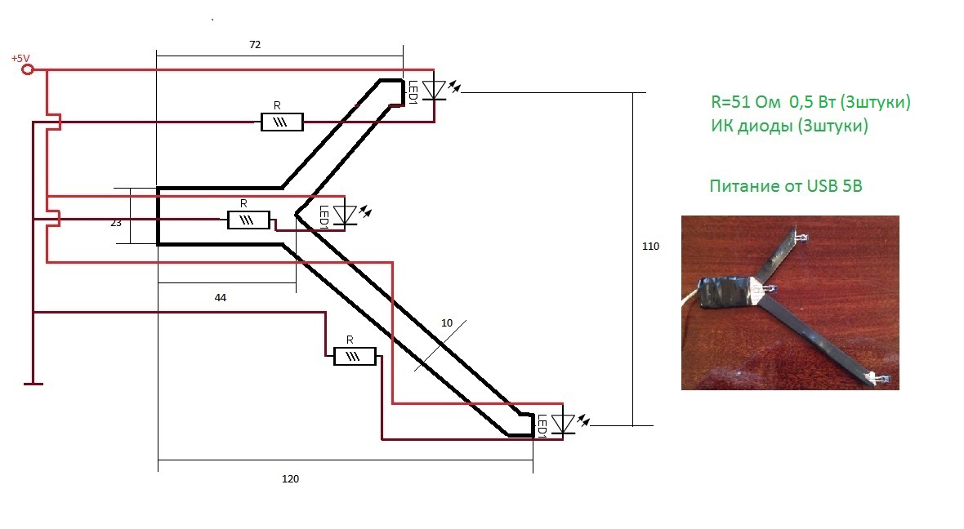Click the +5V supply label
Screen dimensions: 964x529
[x=20, y=58]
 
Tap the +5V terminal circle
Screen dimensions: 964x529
[x=27, y=70]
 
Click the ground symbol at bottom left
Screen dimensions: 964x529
[x=33, y=384]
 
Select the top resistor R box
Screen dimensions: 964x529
[x=282, y=122]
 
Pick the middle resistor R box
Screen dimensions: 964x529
[x=248, y=220]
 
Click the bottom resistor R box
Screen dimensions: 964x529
[x=355, y=357]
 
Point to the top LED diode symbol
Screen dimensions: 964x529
[x=436, y=91]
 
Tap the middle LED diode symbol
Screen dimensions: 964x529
[x=346, y=215]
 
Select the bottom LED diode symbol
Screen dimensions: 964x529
[x=563, y=424]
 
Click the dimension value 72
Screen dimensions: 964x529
[x=255, y=45]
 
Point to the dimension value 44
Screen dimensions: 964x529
[x=220, y=298]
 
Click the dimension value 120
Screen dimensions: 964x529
[x=290, y=479]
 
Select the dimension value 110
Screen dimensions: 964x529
[x=650, y=247]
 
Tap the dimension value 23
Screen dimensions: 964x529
[x=116, y=223]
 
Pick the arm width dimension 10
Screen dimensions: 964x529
[x=447, y=323]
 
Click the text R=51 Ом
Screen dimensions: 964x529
[x=746, y=102]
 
